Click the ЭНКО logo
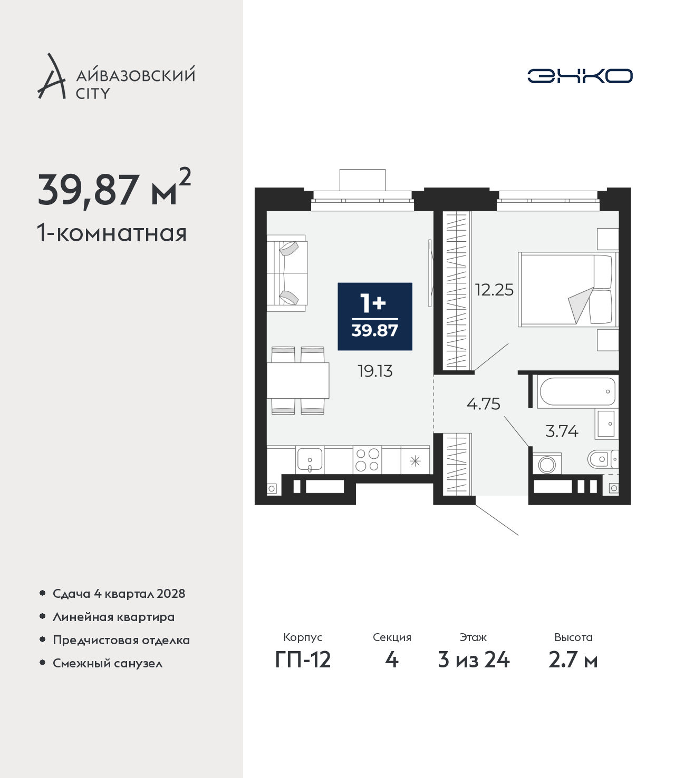(580, 76)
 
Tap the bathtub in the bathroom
(577, 391)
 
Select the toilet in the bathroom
(603, 459)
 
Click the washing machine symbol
(547, 464)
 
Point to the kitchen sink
(310, 459)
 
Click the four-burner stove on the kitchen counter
(367, 459)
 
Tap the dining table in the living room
(298, 380)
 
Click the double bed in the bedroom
(568, 289)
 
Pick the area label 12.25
(494, 290)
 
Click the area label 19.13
(375, 371)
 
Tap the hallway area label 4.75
(483, 404)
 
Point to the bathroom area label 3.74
(562, 431)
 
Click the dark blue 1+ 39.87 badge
(374, 317)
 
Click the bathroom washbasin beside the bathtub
(607, 424)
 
